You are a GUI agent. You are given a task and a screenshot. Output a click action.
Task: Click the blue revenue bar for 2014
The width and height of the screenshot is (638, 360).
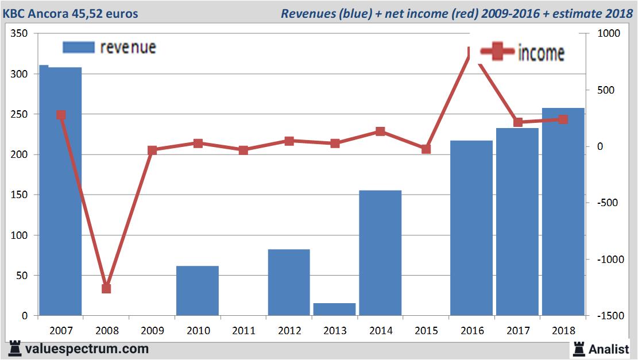point(380,253)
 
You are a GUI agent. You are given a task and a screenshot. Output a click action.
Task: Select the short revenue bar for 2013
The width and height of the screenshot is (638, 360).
point(334,309)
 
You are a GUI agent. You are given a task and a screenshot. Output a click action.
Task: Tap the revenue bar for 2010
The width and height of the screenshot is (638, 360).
point(198,291)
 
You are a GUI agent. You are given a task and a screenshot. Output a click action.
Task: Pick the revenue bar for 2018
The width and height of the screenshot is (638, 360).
point(563,212)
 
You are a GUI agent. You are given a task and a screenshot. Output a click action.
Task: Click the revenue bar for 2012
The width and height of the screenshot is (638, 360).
point(289,282)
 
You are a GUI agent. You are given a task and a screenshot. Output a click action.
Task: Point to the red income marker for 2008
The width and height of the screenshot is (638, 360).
point(106,288)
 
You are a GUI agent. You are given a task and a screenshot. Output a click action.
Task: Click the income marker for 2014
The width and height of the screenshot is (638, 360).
point(380,131)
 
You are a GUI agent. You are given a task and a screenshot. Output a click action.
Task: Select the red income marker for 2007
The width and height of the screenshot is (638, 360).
point(61,115)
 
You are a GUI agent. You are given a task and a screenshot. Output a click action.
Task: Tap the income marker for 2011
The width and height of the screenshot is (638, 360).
point(243,150)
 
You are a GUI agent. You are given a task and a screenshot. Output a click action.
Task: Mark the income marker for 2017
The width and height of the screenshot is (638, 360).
point(517,122)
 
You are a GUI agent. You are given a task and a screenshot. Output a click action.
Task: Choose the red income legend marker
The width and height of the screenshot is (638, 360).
point(497,53)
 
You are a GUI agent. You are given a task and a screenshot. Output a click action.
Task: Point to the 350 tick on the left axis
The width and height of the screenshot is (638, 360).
point(20,34)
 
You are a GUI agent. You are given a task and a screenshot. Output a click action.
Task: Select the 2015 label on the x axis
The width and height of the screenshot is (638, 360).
point(426,331)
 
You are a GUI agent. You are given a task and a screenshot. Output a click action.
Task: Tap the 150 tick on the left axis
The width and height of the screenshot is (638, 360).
point(20,195)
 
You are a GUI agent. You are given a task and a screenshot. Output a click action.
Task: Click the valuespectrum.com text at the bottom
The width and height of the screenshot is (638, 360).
point(87,349)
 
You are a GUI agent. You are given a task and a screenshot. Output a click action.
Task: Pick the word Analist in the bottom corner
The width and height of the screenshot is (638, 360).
point(609,349)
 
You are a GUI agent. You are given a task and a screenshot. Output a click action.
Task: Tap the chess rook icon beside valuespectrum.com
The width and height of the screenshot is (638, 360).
point(16,349)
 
